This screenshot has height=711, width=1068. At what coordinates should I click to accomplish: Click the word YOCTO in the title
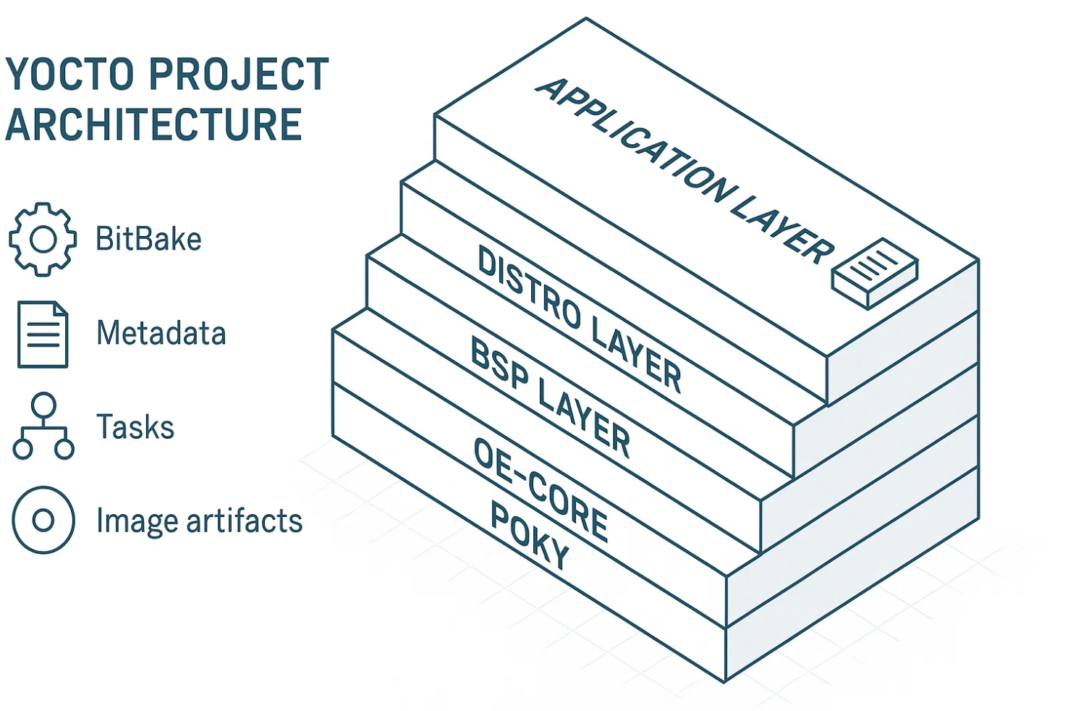click(x=71, y=75)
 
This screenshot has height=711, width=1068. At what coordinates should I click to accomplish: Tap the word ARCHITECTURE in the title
click(x=153, y=124)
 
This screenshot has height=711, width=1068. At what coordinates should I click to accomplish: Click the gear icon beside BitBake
click(x=43, y=240)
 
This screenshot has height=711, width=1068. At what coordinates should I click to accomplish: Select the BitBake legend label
click(x=148, y=240)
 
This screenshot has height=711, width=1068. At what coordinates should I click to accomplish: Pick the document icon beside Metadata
click(x=43, y=335)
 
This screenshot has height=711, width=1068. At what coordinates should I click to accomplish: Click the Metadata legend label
click(x=161, y=334)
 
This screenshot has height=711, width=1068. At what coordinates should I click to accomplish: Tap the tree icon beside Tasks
click(x=43, y=426)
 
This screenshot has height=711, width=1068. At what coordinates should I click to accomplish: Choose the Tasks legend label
click(x=135, y=427)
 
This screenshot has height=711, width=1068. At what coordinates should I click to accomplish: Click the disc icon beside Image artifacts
click(x=43, y=520)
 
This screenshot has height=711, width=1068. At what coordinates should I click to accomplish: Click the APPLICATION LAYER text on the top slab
click(x=684, y=170)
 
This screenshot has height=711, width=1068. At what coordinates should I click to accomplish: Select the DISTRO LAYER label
click(x=579, y=319)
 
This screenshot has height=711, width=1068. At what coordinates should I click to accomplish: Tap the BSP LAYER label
click(x=550, y=397)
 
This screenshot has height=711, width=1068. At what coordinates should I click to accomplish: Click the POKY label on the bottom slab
click(x=530, y=536)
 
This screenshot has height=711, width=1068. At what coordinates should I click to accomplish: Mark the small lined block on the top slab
click(x=875, y=273)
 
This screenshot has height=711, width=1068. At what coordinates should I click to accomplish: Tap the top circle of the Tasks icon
click(x=43, y=404)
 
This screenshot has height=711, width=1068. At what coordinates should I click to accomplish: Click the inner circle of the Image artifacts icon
click(x=43, y=520)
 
